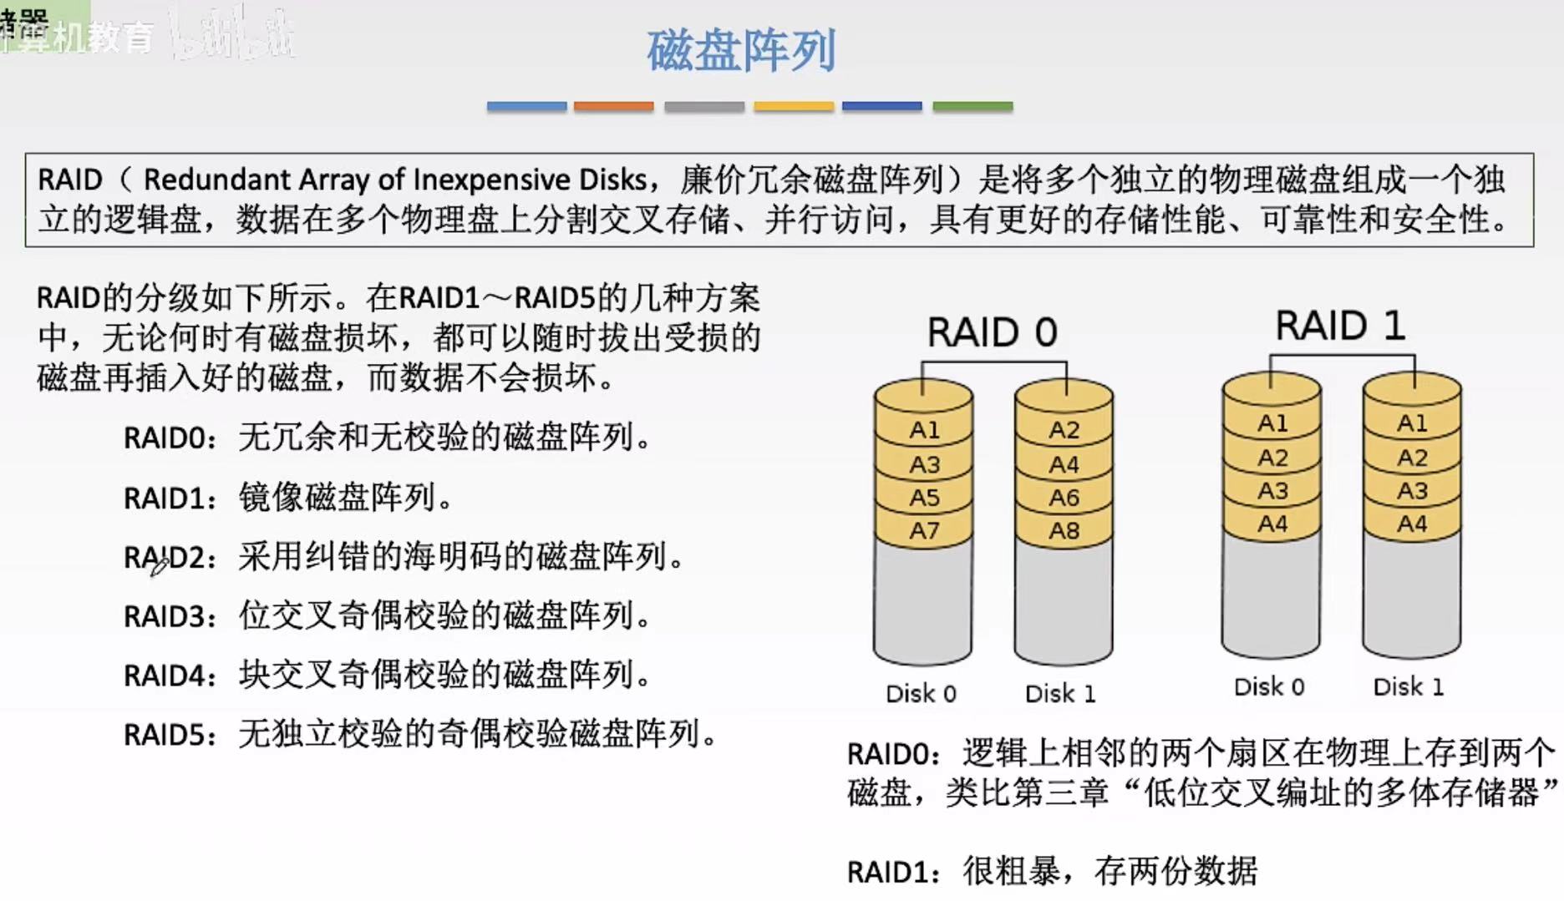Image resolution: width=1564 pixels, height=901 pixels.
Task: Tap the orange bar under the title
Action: pos(613,106)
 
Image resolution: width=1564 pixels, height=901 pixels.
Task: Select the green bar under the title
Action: pos(972,106)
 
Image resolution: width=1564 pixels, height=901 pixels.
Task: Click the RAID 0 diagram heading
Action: pos(992,332)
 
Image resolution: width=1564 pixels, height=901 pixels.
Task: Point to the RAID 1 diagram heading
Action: pos(1340,325)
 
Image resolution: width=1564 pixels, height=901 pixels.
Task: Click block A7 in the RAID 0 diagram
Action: pos(924,530)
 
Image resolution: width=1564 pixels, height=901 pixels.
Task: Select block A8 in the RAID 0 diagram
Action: pos(1064,530)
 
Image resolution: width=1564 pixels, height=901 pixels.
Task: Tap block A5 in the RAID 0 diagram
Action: pos(924,498)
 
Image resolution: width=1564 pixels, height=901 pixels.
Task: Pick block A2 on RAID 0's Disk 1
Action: pos(1064,430)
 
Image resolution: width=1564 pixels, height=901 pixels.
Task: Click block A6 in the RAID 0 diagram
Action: pos(1064,498)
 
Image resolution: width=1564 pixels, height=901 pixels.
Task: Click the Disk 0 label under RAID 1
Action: pos(1269,686)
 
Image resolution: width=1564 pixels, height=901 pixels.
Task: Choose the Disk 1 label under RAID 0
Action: pos(1059,693)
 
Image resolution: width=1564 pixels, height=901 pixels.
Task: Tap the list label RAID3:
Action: pos(170,616)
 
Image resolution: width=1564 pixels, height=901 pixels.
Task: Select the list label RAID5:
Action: pos(170,735)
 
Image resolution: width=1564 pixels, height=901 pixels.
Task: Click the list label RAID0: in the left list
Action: pos(170,438)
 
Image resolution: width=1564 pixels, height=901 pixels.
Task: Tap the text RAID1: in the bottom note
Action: pos(892,873)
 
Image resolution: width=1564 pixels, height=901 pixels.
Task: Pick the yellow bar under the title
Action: pos(794,106)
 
